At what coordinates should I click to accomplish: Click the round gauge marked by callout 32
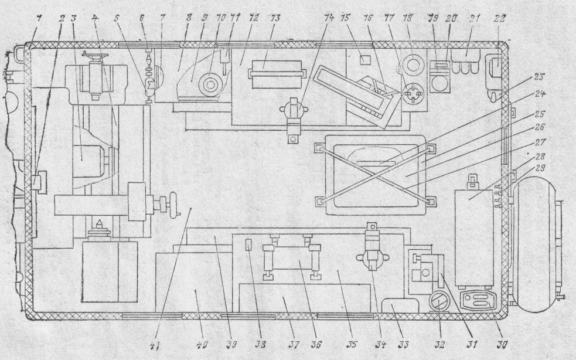436,304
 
